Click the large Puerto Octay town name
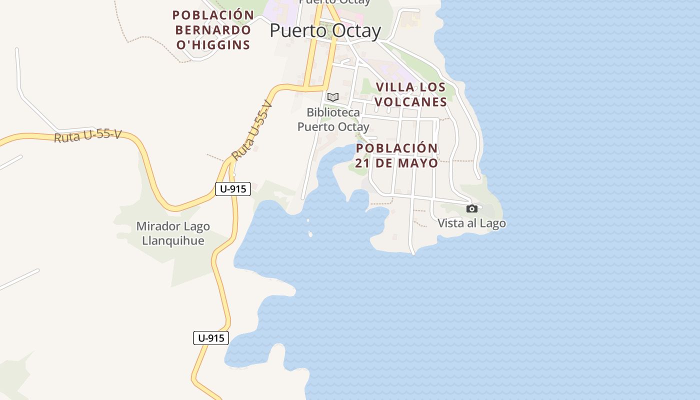tap(325, 31)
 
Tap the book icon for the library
tap(333, 97)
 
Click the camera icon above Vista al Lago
tap(471, 208)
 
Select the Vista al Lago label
tap(471, 223)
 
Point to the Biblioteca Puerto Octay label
tap(333, 119)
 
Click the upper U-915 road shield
tap(233, 189)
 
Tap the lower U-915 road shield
tap(211, 338)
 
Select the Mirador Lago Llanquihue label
tap(173, 233)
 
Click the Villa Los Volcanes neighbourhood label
tap(410, 94)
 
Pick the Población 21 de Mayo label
tap(397, 155)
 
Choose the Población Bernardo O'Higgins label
tap(213, 30)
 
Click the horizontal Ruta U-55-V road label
tap(87, 135)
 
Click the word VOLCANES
tap(410, 102)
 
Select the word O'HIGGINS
tap(213, 45)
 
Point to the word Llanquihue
tap(173, 240)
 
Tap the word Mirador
tap(156, 226)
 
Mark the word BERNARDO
tap(213, 30)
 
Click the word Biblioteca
tap(333, 112)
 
